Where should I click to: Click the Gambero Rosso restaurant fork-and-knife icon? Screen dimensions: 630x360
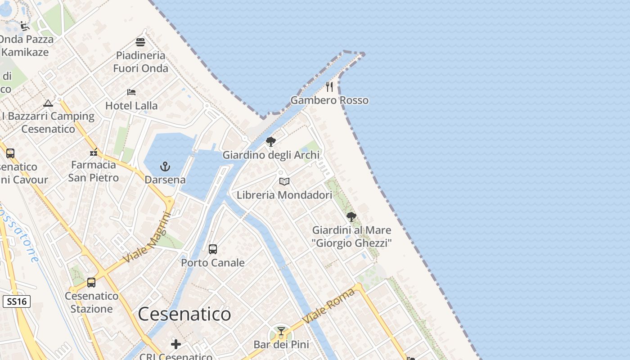click(x=329, y=86)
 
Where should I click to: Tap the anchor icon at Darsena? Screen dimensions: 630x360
click(x=165, y=166)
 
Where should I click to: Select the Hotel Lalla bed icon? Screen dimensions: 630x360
click(x=131, y=92)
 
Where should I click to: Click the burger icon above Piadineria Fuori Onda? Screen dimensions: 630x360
click(x=140, y=42)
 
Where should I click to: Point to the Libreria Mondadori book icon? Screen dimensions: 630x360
click(x=284, y=181)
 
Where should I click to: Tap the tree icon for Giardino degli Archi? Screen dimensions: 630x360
click(x=271, y=142)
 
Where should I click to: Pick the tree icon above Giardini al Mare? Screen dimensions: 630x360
click(x=351, y=217)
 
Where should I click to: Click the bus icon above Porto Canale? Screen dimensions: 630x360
click(x=213, y=249)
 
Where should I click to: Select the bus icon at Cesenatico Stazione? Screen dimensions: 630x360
click(x=91, y=283)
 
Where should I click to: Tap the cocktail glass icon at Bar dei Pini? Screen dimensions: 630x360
click(x=281, y=332)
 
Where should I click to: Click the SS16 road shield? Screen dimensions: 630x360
click(x=17, y=301)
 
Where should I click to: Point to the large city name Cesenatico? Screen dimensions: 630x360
click(x=184, y=314)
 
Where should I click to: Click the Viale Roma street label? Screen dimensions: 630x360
click(x=328, y=306)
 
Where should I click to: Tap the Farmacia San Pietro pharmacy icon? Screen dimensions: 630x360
click(x=94, y=152)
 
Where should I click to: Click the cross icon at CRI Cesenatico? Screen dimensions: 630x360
click(x=176, y=345)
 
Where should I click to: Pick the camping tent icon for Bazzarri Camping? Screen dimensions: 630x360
click(x=48, y=103)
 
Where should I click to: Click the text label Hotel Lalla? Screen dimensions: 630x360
click(x=131, y=106)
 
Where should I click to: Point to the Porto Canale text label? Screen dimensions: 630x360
click(x=213, y=262)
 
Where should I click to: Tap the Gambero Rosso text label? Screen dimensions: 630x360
click(x=329, y=100)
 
